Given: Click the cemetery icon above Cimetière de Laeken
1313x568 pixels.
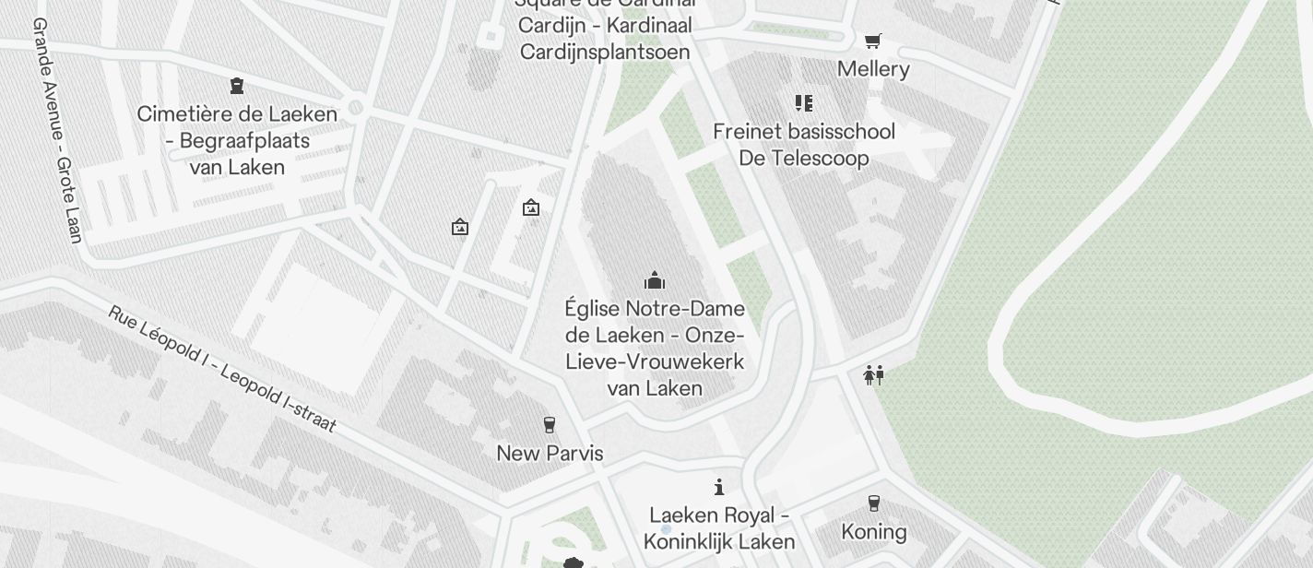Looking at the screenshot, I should click(x=237, y=86).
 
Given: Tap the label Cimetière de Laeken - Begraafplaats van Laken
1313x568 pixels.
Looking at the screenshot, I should click(x=237, y=141).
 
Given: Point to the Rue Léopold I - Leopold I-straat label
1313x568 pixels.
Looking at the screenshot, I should click(x=222, y=370).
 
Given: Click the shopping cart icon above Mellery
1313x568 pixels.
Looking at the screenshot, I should click(x=872, y=41).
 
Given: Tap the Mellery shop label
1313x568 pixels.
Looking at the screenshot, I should click(x=873, y=69).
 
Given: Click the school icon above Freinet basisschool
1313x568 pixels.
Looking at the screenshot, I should click(x=803, y=102).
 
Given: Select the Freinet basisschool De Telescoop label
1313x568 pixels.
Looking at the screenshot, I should click(x=803, y=145).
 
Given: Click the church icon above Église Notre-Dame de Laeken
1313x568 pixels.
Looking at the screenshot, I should click(x=655, y=279).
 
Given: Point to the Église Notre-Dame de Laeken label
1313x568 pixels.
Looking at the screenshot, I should click(x=655, y=348).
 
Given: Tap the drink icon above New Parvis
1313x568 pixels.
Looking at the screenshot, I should click(x=550, y=424).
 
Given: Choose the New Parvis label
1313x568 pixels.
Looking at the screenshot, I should click(x=550, y=453).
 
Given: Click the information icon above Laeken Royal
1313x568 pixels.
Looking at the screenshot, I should click(x=719, y=487).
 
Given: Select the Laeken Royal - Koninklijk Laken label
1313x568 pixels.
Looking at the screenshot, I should click(x=719, y=527).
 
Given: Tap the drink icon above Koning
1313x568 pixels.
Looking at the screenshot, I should click(x=873, y=503).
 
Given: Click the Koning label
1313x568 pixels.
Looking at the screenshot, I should click(x=873, y=532).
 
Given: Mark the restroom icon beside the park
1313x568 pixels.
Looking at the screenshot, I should click(x=873, y=375).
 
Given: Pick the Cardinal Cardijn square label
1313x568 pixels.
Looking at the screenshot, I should click(x=605, y=28).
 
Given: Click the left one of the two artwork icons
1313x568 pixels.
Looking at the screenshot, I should click(x=460, y=227).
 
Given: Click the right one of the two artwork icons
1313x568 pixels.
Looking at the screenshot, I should click(x=530, y=208).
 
